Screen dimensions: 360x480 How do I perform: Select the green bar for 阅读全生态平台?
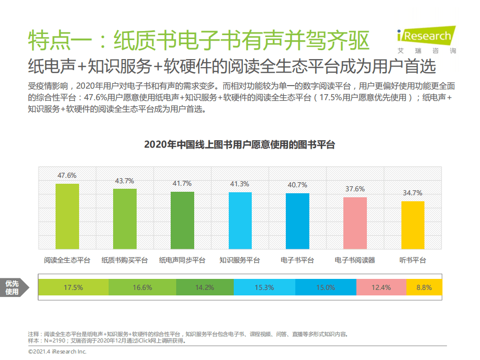tap(67, 216)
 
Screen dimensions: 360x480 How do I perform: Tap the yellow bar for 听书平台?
tap(412, 225)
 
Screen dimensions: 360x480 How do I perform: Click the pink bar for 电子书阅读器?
tap(355, 223)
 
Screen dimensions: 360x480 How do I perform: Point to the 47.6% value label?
tap(67, 175)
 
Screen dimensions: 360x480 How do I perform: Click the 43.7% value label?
tap(125, 181)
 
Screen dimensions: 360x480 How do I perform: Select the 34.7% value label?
tap(412, 193)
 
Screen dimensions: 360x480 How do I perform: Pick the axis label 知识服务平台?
tap(240, 260)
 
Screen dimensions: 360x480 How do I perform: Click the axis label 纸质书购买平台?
tap(125, 260)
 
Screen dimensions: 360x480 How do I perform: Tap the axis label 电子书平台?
tap(297, 260)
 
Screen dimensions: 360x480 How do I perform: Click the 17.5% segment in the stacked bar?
tap(73, 287)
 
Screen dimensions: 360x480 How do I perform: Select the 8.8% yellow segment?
tap(424, 287)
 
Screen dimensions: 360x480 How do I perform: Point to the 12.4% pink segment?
tap(381, 287)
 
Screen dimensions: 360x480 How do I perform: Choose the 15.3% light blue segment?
tap(264, 287)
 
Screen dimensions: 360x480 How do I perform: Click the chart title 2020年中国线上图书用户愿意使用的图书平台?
tap(239, 145)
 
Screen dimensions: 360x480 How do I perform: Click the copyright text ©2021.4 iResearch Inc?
tap(58, 352)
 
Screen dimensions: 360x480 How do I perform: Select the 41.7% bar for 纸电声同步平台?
tap(182, 220)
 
